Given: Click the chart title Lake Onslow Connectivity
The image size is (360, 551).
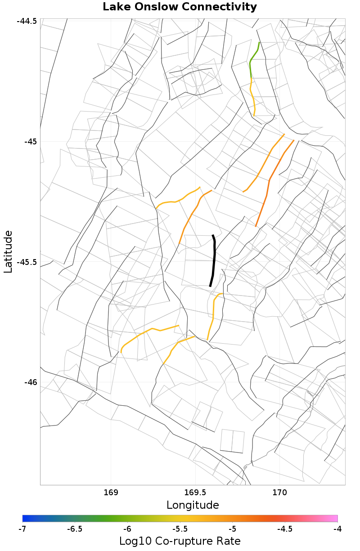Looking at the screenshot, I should tap(180, 7).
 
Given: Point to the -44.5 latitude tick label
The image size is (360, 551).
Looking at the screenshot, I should tap(27, 22).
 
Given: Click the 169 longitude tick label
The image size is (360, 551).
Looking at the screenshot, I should tap(111, 492).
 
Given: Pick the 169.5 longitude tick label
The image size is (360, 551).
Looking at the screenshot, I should tap(195, 492).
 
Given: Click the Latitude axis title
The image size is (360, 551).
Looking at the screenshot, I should tap(8, 251).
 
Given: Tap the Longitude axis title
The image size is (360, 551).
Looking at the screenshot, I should tap(193, 505).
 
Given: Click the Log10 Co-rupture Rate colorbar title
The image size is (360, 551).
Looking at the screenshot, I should tap(180, 541).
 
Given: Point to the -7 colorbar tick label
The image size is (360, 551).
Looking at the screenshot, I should tap(22, 529).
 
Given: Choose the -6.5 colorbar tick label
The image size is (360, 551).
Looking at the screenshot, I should tap(75, 529).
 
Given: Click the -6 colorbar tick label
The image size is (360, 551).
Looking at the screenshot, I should tap(127, 529).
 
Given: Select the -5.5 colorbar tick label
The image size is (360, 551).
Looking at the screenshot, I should tap(180, 529).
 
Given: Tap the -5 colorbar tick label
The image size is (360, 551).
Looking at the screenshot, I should tap(233, 529).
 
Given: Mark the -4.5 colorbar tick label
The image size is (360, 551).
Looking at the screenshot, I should tap(285, 529).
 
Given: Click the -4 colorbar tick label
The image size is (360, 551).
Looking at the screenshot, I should tap(337, 529).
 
